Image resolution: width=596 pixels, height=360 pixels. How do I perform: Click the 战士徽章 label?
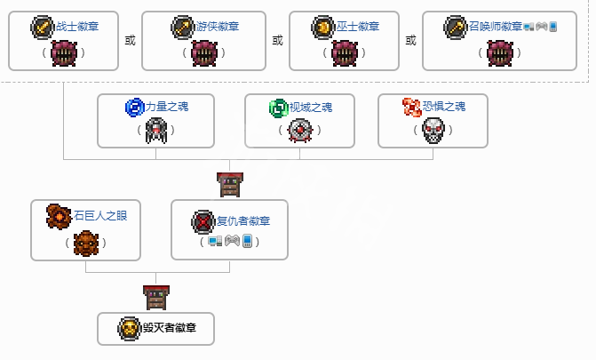click(x=77, y=28)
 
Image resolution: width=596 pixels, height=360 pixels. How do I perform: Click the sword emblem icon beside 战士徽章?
click(x=43, y=28)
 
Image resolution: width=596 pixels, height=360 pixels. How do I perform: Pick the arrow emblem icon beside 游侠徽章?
click(x=181, y=28)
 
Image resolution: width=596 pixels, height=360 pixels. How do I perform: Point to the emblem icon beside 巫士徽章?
click(x=323, y=28)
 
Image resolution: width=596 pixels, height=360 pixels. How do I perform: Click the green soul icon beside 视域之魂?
click(x=278, y=108)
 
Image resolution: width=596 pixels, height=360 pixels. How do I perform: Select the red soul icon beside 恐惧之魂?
click(x=411, y=108)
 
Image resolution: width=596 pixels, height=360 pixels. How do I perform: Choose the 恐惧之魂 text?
click(x=444, y=108)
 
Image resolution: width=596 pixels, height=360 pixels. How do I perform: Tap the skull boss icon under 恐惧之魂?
click(x=433, y=131)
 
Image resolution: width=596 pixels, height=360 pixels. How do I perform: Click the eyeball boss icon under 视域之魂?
click(x=299, y=131)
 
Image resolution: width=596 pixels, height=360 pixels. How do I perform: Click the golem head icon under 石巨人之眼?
click(x=85, y=241)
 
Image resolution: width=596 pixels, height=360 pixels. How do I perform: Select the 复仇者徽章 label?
click(x=243, y=221)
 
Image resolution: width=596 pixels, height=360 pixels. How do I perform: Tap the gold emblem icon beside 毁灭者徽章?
click(x=129, y=329)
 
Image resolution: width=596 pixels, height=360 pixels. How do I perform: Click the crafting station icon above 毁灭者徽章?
click(x=155, y=296)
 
